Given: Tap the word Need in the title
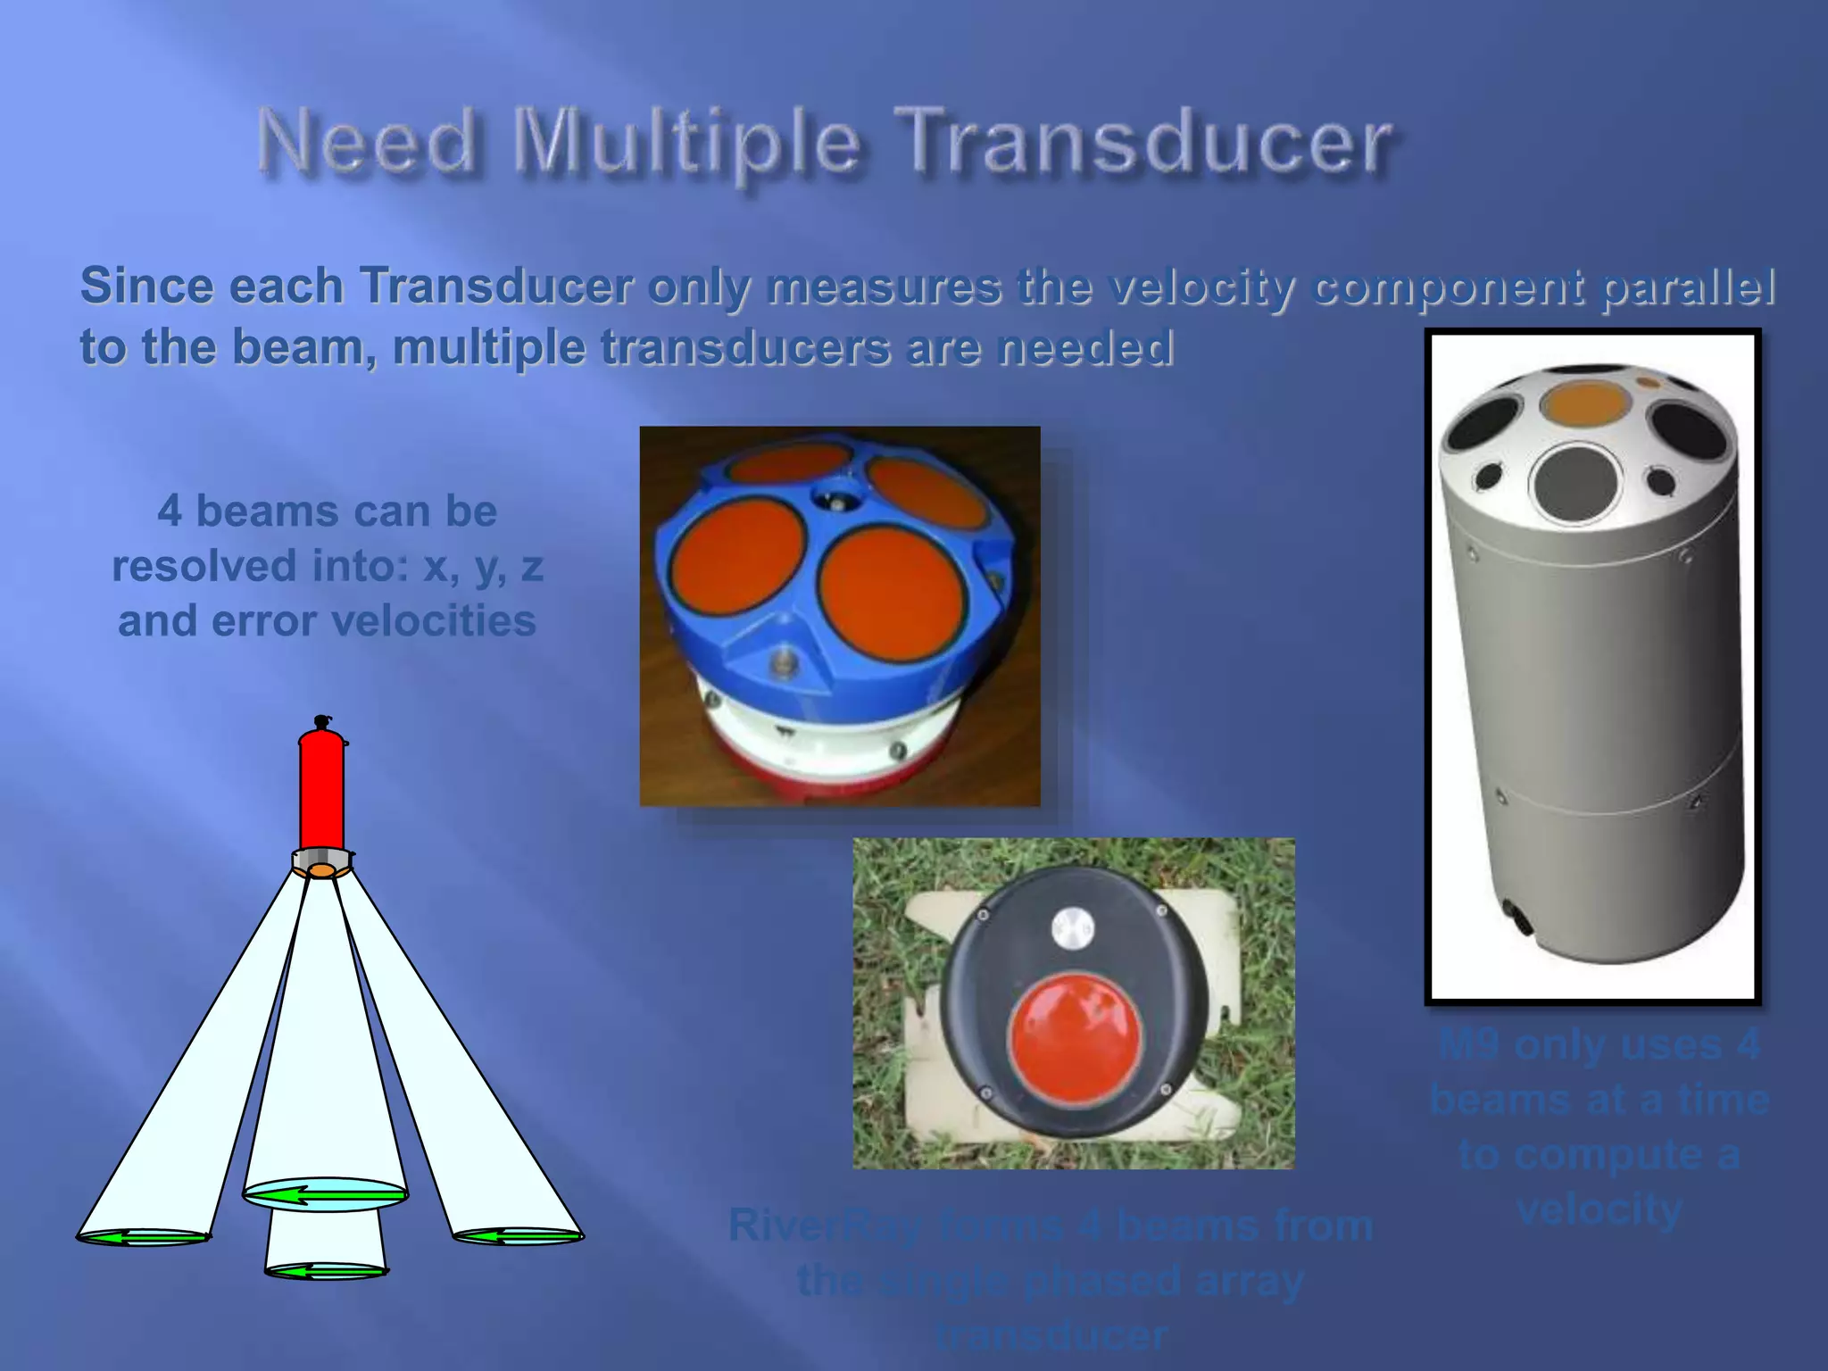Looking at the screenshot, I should click(x=367, y=143).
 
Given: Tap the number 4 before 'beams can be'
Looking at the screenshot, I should click(x=170, y=511).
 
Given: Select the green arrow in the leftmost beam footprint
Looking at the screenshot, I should click(x=144, y=1237).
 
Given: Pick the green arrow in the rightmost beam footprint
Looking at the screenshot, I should click(x=518, y=1236).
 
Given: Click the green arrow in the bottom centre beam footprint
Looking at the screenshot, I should click(x=326, y=1271).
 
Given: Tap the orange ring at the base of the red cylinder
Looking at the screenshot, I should click(x=322, y=868).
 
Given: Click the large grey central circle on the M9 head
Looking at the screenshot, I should click(x=1578, y=483).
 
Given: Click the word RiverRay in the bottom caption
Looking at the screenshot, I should click(x=826, y=1226).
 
